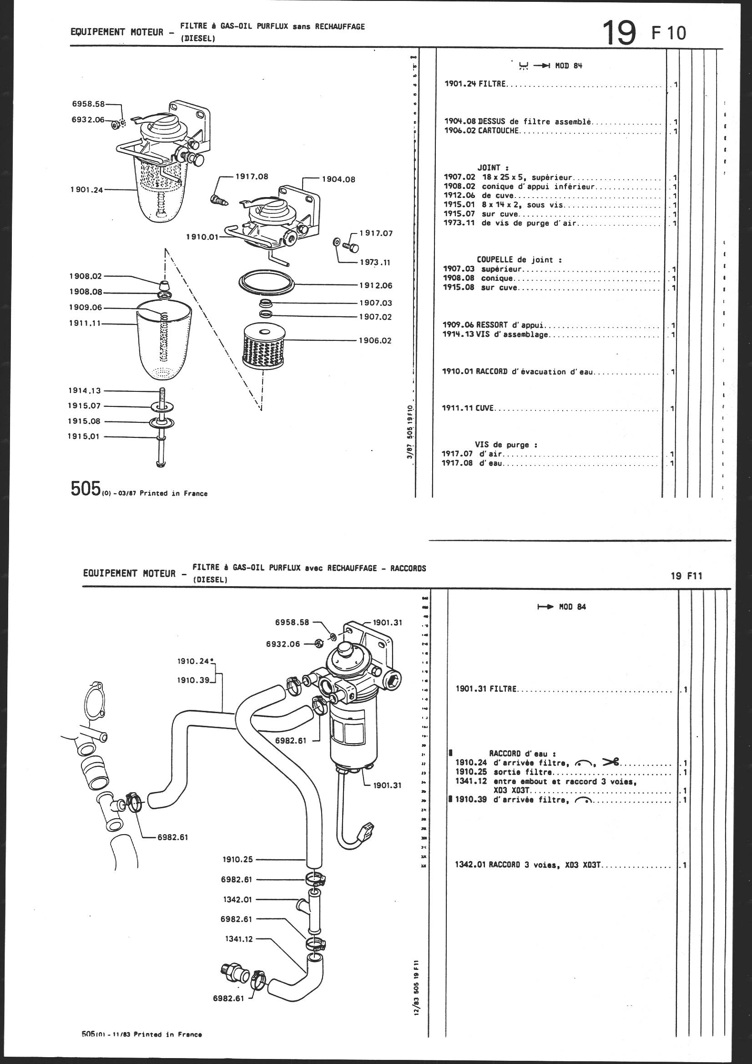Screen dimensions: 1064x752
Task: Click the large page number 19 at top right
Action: (x=619, y=32)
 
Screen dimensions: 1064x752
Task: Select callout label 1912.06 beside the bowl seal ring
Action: (x=375, y=285)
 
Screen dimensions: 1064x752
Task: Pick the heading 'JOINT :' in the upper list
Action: (x=493, y=168)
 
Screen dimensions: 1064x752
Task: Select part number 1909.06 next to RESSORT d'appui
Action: (x=458, y=325)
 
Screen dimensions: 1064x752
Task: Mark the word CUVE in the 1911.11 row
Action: (x=485, y=409)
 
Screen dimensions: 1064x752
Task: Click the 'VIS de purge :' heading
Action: (x=505, y=445)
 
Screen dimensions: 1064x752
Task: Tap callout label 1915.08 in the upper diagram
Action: (x=84, y=421)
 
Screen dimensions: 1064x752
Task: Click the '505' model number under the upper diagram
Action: (x=86, y=489)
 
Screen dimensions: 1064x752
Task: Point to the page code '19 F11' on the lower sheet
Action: (x=686, y=576)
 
